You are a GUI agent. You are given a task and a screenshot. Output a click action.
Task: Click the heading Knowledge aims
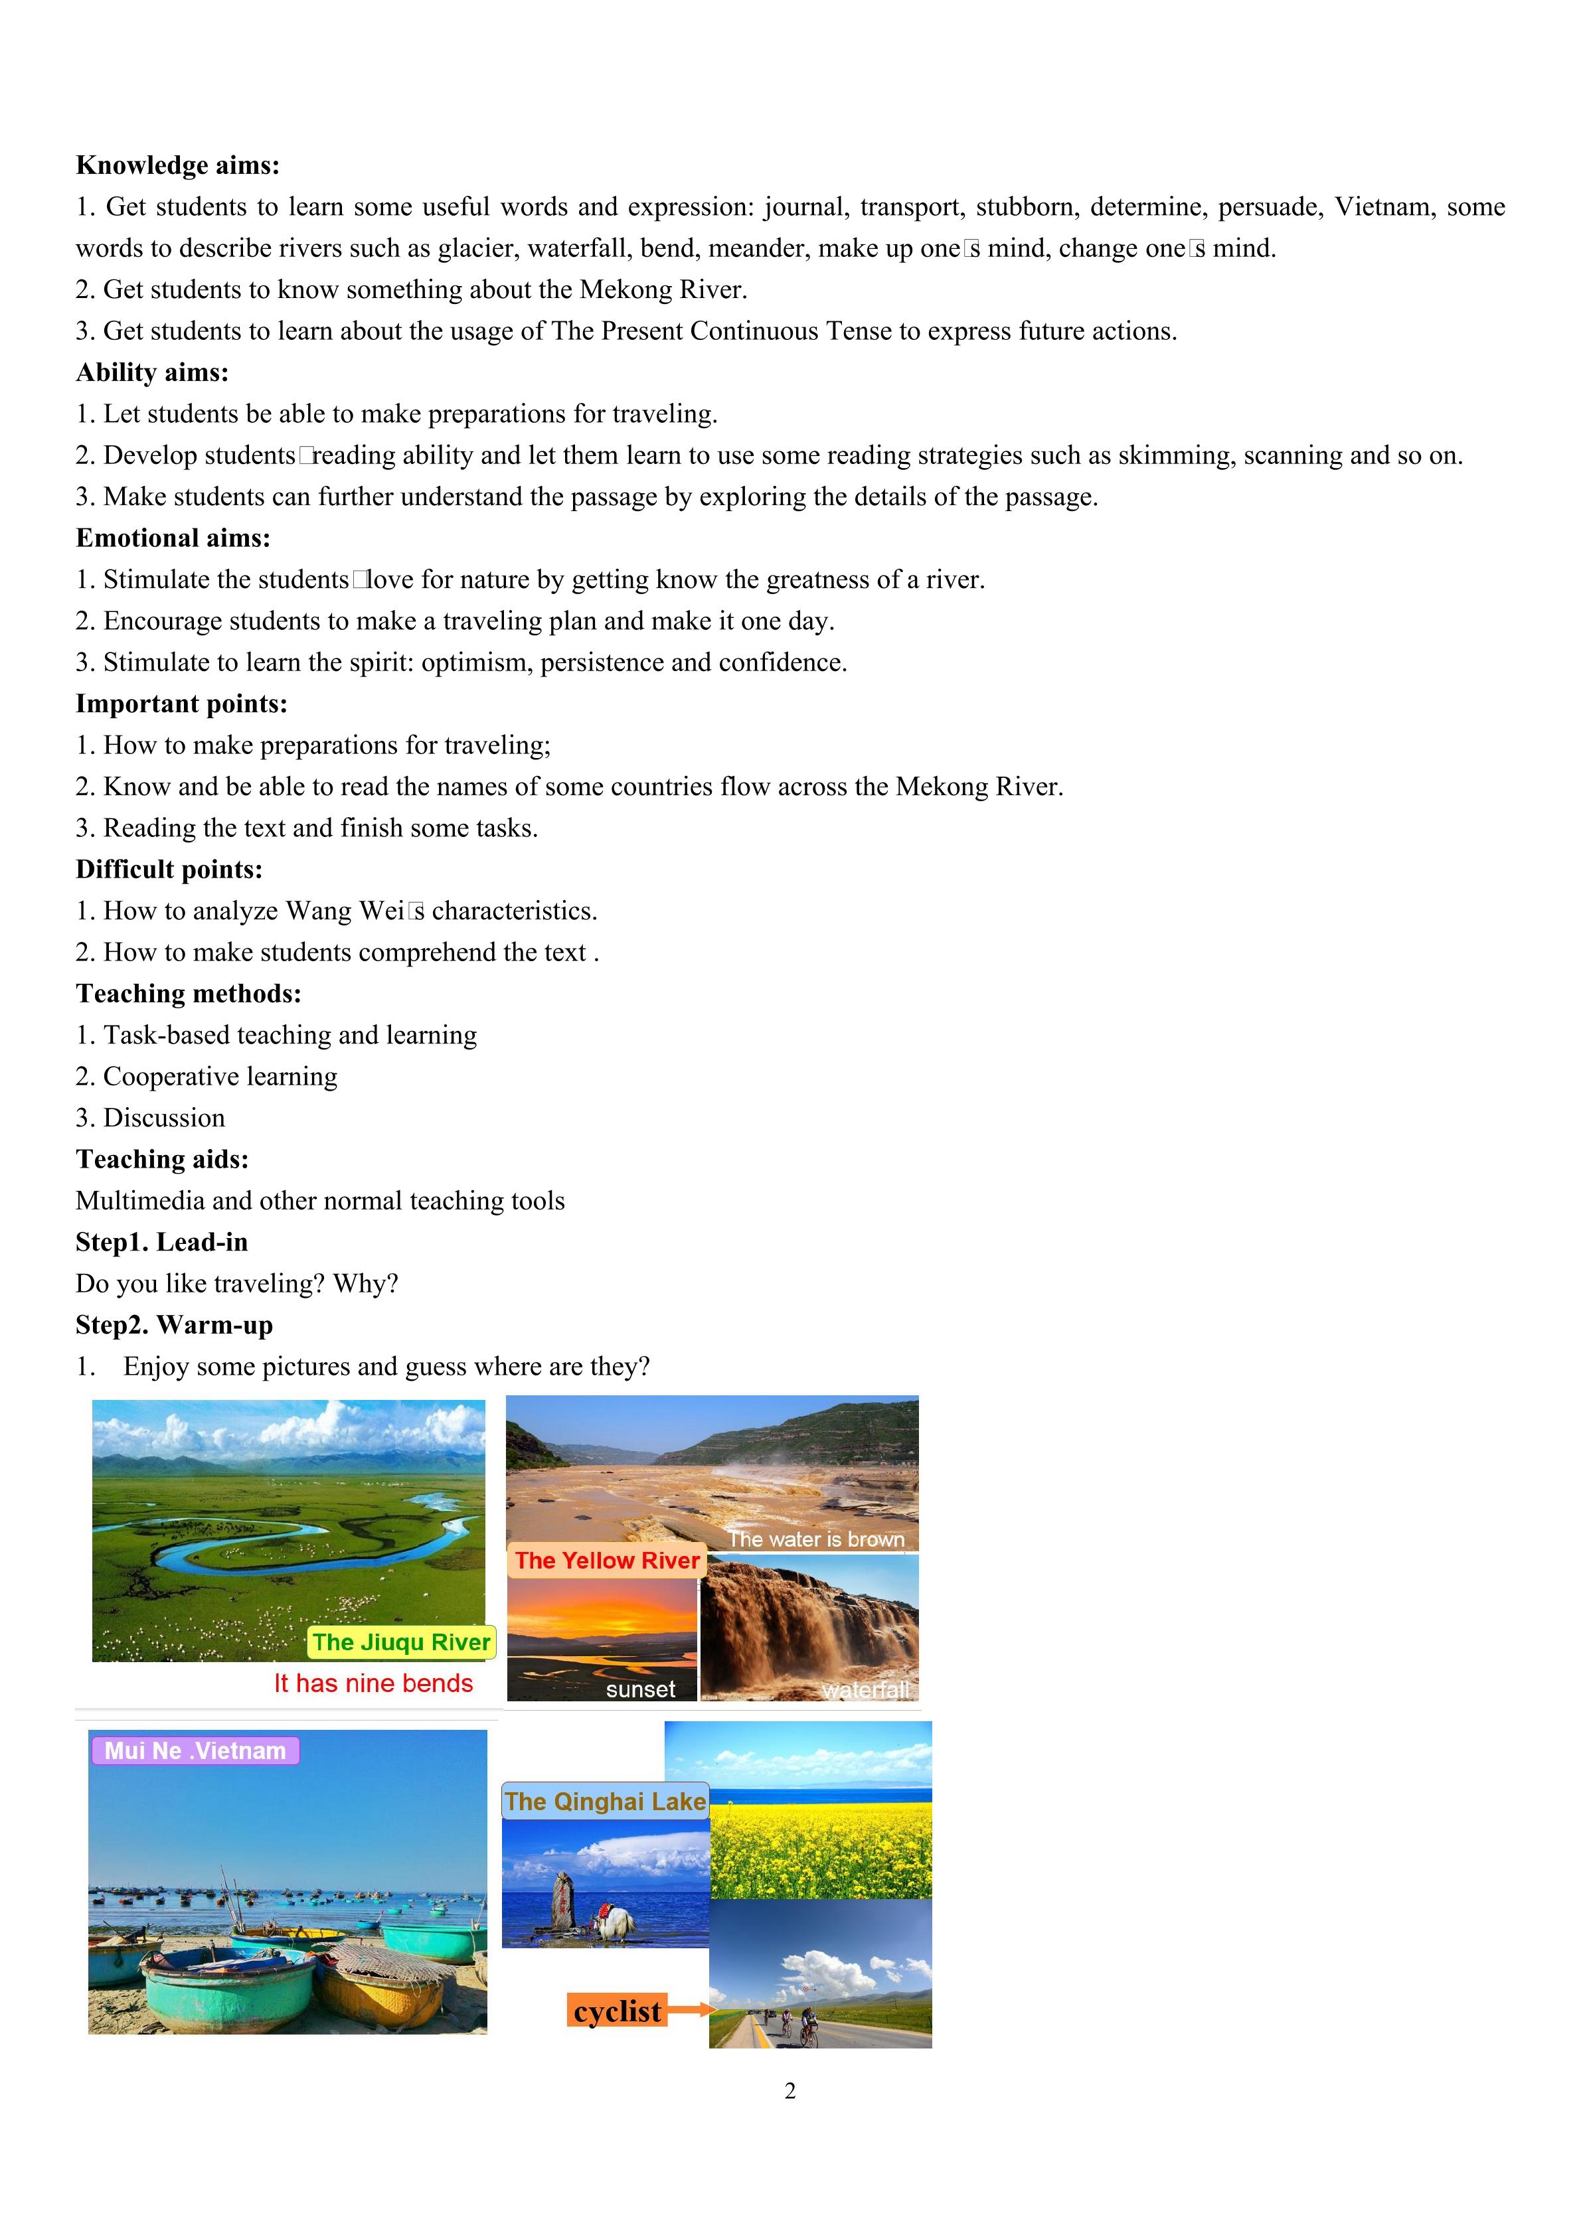pos(177,165)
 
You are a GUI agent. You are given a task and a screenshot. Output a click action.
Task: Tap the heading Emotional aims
pos(173,538)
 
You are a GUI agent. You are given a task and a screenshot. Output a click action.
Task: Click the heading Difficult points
pos(169,870)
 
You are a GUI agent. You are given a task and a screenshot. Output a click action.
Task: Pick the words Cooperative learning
pos(220,1077)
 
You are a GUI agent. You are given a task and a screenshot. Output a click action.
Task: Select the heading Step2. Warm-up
pos(174,1325)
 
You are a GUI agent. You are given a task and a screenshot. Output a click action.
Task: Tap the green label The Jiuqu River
pos(401,1642)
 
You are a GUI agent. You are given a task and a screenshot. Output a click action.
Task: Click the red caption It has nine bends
pos(373,1683)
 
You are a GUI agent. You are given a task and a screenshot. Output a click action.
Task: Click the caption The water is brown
pos(816,1539)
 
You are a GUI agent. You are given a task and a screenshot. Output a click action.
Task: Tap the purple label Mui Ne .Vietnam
pos(195,1750)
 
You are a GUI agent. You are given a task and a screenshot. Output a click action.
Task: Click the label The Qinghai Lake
pos(604,1801)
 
